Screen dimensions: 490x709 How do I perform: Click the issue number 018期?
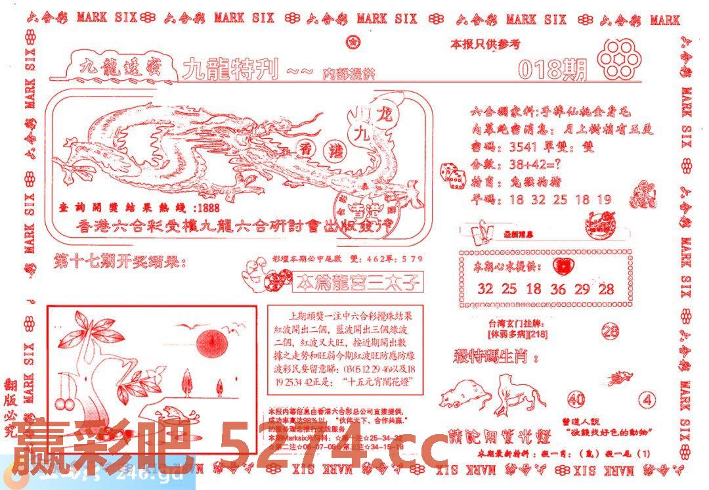[552, 69]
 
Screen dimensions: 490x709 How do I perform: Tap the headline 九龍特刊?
[231, 69]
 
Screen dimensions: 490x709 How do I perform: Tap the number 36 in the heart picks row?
[558, 288]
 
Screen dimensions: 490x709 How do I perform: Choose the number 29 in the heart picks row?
[582, 288]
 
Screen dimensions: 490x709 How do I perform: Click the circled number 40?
[576, 399]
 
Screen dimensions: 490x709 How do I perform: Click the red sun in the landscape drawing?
[212, 342]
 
